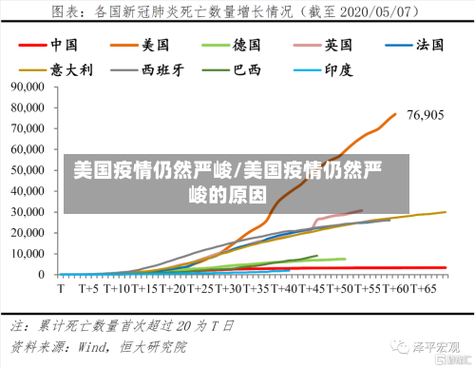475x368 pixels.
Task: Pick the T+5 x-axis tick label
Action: (x=88, y=286)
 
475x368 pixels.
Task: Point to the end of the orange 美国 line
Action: (x=395, y=114)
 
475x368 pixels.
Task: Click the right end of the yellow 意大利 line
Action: (x=446, y=212)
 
